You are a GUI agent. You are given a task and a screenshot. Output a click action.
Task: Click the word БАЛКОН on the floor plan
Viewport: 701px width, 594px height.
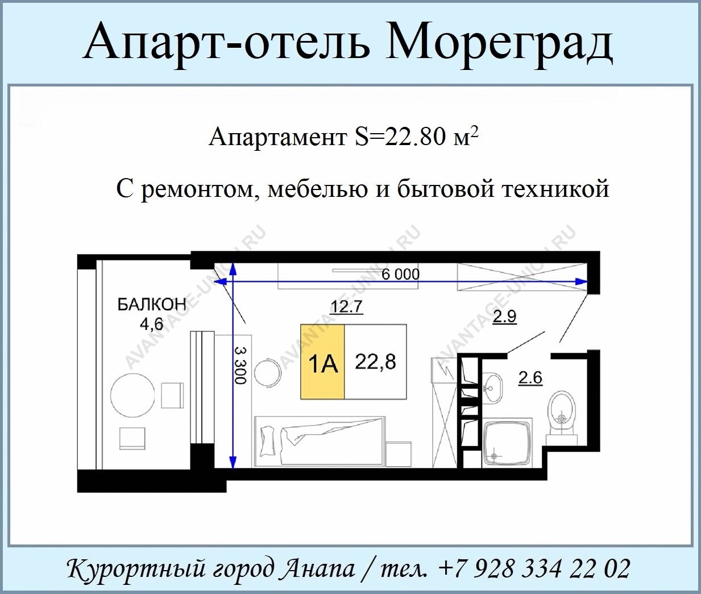click(x=152, y=305)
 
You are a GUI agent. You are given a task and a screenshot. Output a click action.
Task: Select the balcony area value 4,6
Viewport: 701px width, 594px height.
click(x=152, y=324)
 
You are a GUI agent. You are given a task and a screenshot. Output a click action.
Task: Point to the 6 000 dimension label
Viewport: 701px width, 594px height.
click(x=400, y=274)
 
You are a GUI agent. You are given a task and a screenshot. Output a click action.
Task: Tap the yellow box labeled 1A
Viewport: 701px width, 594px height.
click(x=322, y=361)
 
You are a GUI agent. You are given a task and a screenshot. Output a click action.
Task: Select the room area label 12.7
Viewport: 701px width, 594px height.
click(x=346, y=307)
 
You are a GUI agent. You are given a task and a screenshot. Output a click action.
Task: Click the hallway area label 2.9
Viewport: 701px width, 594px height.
click(x=504, y=317)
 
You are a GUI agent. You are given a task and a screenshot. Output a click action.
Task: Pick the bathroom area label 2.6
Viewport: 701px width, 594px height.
click(x=530, y=378)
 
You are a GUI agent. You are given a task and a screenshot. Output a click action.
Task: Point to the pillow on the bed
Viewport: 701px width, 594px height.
click(x=268, y=440)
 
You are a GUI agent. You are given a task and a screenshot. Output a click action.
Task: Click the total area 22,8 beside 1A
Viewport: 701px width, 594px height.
click(x=375, y=362)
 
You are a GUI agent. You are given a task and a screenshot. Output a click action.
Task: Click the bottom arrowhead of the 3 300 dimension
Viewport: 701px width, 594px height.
click(x=233, y=463)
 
